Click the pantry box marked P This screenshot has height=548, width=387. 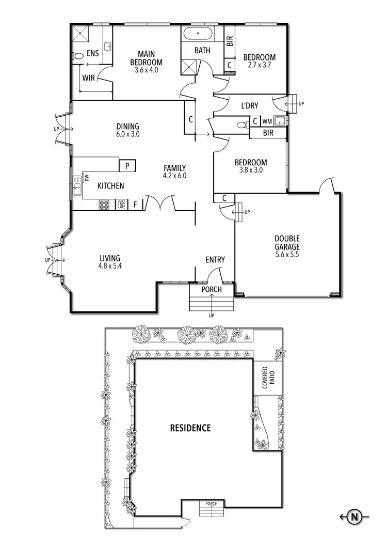127,165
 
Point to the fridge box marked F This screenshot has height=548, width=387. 135,205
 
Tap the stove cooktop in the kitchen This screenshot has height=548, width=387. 104,205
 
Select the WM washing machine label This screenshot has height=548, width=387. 267,122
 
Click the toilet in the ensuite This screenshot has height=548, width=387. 78,55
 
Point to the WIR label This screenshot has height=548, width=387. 88,79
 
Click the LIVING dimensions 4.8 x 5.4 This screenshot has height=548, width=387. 109,267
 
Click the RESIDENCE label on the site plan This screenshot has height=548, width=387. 191,428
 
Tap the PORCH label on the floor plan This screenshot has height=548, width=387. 212,289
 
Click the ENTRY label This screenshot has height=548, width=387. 215,260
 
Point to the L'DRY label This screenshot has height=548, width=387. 249,106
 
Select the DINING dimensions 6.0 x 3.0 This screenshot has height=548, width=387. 127,134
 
